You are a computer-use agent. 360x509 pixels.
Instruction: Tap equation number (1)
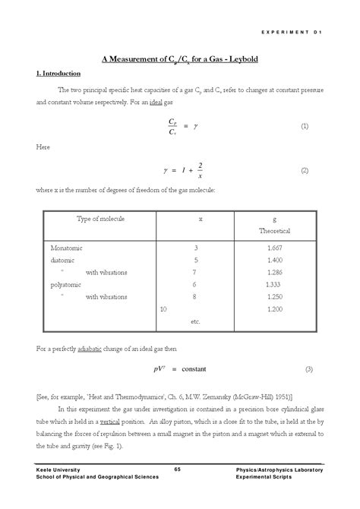point(305,125)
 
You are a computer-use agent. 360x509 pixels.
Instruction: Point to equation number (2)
point(305,170)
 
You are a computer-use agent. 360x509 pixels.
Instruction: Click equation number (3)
point(308,369)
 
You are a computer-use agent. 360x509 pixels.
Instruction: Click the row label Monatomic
point(66,248)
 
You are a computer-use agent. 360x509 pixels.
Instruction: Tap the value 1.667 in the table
point(274,248)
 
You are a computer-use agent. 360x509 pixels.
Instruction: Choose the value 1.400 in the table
point(274,260)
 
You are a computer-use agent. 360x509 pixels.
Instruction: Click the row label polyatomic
point(66,284)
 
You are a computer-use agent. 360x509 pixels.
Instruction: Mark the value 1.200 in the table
point(274,309)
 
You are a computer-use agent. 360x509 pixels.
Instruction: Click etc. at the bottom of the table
point(195,321)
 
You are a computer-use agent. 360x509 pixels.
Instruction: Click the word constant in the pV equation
point(199,369)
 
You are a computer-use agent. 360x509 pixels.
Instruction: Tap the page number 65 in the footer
point(178,468)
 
